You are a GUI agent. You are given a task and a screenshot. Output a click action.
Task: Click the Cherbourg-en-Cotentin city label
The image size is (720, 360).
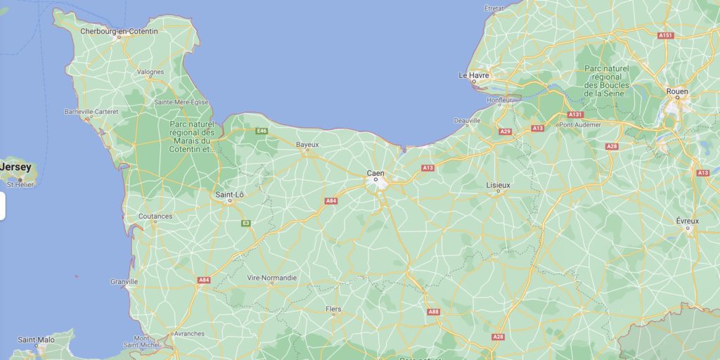pos(119,31)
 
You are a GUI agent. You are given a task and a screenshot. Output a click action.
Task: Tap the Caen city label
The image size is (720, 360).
pos(375,172)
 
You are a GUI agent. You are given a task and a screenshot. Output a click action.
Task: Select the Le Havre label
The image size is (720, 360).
pos(473,75)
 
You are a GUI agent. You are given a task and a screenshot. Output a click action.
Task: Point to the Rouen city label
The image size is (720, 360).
pos(677,91)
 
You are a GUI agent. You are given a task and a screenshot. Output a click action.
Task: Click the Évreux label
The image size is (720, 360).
pos(688,220)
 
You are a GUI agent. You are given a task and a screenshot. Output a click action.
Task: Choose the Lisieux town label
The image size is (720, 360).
pos(498,185)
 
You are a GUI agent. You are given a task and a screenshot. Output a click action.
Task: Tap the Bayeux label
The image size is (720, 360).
pos(307,145)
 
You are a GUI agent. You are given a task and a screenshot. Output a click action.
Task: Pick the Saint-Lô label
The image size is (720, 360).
pos(229,194)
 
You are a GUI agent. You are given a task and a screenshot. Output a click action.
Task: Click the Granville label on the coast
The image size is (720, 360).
pos(124,281)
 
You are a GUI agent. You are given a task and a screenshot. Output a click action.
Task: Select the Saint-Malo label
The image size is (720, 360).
pos(36,340)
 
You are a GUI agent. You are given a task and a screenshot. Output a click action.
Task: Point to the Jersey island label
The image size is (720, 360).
pos(15,167)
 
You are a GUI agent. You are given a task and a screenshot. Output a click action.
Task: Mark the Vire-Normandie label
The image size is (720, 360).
pos(272,278)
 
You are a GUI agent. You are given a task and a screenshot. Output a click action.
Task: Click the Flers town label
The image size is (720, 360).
pos(334,309)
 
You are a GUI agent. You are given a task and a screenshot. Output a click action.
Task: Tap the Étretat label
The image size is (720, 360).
pos(494,8)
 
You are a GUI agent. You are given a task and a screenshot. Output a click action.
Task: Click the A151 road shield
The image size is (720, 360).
pos(666,35)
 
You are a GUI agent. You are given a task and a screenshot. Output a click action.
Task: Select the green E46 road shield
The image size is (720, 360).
pos(262,131)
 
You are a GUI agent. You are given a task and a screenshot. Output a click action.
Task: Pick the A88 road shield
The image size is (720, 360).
pos(433,311)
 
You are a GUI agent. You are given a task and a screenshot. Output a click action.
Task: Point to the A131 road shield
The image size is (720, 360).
pos(575,114)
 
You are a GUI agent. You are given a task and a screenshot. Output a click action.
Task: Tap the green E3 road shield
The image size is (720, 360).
pos(246,223)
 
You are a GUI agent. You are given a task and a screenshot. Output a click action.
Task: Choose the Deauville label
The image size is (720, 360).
pos(467,120)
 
